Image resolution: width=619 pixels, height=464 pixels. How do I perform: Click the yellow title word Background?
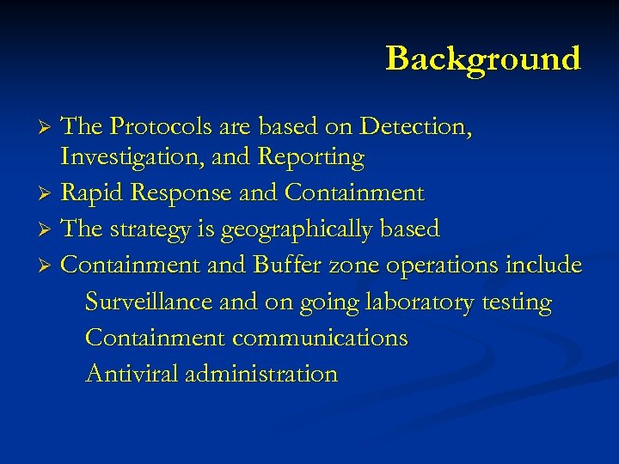click(x=483, y=58)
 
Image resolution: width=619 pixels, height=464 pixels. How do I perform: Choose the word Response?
click(x=183, y=193)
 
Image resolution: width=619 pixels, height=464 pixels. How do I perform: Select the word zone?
click(x=355, y=266)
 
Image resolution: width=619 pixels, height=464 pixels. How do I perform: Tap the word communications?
click(x=320, y=338)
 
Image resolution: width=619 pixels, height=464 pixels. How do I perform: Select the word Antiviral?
click(x=132, y=374)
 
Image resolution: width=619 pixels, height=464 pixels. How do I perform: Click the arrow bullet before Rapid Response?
click(x=48, y=194)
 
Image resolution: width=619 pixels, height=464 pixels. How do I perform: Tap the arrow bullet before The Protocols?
click(x=48, y=128)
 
